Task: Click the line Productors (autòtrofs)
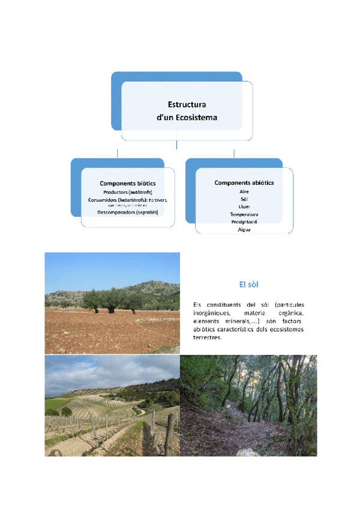127,191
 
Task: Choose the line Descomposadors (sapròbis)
127,212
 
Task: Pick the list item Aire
244,191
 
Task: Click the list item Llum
244,206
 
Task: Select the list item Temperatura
244,214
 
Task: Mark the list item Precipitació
244,221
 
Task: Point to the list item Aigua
244,229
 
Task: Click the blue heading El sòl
248,283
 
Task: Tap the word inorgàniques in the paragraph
214,313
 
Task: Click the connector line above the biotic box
118,152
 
